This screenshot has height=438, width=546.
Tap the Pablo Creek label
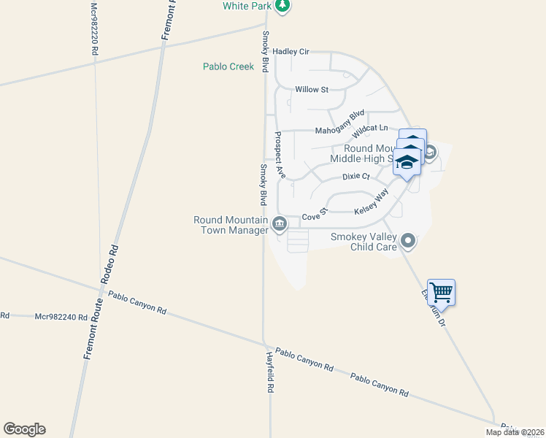pos(228,66)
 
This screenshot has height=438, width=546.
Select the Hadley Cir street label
pos(291,52)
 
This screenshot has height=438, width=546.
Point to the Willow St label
pos(312,90)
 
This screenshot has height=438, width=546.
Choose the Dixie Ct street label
pos(356,177)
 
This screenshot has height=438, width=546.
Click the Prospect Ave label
pos(280,155)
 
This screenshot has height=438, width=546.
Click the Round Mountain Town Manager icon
pos(279,224)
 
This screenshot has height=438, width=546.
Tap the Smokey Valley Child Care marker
pos(408,240)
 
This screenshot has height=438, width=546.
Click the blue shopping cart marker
pos(441,293)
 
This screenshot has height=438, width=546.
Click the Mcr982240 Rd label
pos(61,317)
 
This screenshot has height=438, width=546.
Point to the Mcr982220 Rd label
pos(93,29)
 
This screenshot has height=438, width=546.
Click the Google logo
pos(24,429)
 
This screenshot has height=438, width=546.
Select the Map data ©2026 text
pos(515,432)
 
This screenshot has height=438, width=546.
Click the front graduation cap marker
pos(407,163)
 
